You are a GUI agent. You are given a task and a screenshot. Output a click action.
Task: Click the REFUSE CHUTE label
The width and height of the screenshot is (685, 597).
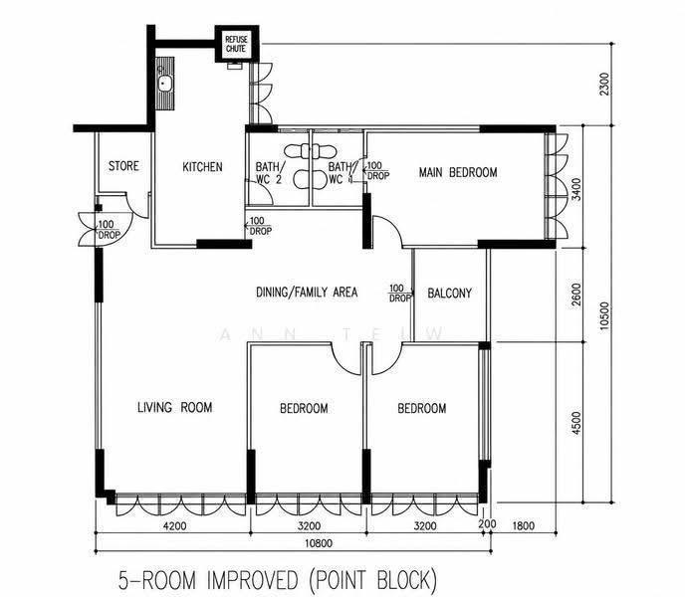click(236, 44)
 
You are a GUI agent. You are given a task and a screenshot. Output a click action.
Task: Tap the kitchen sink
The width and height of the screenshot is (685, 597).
click(165, 84)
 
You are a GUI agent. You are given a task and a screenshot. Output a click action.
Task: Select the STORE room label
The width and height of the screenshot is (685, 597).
click(123, 166)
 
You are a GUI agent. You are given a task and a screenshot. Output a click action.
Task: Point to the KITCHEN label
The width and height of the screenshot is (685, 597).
click(202, 167)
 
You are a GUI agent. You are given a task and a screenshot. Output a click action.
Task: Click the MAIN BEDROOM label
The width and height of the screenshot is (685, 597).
click(458, 172)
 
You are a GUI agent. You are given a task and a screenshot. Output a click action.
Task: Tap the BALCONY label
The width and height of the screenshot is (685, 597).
click(450, 293)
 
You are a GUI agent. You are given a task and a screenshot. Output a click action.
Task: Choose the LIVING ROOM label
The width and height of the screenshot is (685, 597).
click(175, 408)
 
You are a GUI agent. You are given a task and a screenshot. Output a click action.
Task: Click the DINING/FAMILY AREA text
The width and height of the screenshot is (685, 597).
click(307, 292)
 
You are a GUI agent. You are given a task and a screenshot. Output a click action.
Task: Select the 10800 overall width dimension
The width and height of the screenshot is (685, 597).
click(319, 543)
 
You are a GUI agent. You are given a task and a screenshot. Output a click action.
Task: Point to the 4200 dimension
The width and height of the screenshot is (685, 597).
click(175, 525)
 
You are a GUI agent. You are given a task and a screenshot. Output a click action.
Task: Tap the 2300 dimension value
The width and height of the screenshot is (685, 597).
click(604, 85)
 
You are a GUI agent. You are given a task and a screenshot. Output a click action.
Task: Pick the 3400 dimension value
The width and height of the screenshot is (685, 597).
click(576, 189)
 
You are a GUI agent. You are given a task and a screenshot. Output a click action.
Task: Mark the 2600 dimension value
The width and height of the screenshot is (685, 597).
click(576, 295)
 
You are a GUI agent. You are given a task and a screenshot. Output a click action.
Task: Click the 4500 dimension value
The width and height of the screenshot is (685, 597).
click(576, 423)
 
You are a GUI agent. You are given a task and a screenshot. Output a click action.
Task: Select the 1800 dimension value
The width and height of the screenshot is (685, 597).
click(523, 525)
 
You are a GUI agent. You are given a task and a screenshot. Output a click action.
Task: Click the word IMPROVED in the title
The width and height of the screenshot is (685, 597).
click(253, 580)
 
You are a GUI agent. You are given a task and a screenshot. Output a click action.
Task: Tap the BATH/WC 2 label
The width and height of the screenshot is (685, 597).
click(269, 173)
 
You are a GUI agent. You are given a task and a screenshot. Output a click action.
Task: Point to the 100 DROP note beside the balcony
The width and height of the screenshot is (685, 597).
click(400, 294)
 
